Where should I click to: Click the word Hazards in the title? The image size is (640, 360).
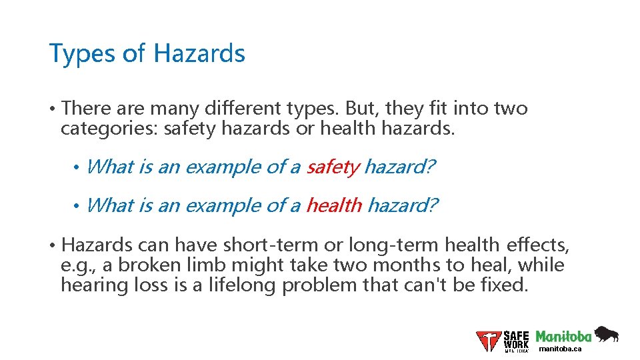(x=200, y=53)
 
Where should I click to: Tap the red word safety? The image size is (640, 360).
(x=333, y=167)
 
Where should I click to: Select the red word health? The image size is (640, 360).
(x=333, y=205)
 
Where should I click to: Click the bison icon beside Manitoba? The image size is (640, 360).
(x=606, y=333)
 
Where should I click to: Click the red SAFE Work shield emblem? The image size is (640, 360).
(x=489, y=341)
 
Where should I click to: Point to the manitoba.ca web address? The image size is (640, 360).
(x=559, y=349)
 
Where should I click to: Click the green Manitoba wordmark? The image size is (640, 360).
(x=563, y=336)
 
